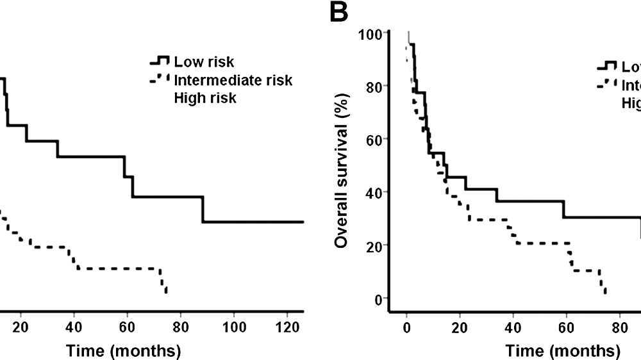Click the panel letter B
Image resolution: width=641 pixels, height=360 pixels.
pyautogui.click(x=340, y=12)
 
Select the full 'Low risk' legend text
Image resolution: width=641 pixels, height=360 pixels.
pyautogui.click(x=204, y=62)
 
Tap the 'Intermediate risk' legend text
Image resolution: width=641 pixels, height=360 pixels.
pyautogui.click(x=233, y=80)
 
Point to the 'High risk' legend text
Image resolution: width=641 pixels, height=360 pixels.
pyautogui.click(x=205, y=98)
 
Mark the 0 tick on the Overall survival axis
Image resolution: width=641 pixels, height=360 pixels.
pyautogui.click(x=378, y=299)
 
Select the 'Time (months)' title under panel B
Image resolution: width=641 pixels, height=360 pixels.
pyautogui.click(x=563, y=351)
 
